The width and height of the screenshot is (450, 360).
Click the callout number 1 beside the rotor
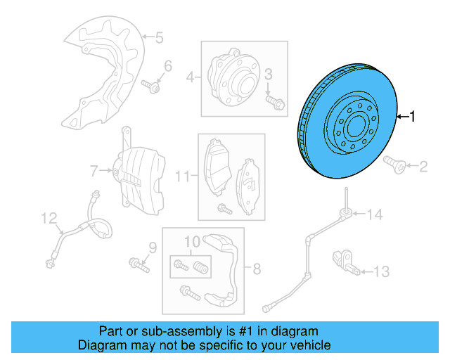pyautogui.click(x=413, y=117)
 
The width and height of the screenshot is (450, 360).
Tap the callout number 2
pyautogui.click(x=423, y=167)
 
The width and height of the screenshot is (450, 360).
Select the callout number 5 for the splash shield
pyautogui.click(x=159, y=37)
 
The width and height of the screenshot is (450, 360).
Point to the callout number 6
pyautogui.click(x=167, y=67)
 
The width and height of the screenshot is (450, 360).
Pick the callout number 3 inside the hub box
pyautogui.click(x=268, y=75)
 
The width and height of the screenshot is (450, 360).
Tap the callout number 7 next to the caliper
pyautogui.click(x=92, y=169)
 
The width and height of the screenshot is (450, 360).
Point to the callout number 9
pyautogui.click(x=150, y=247)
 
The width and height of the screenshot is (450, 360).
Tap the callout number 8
pyautogui.click(x=257, y=268)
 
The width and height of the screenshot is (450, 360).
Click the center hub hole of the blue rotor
pyautogui.click(x=353, y=128)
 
